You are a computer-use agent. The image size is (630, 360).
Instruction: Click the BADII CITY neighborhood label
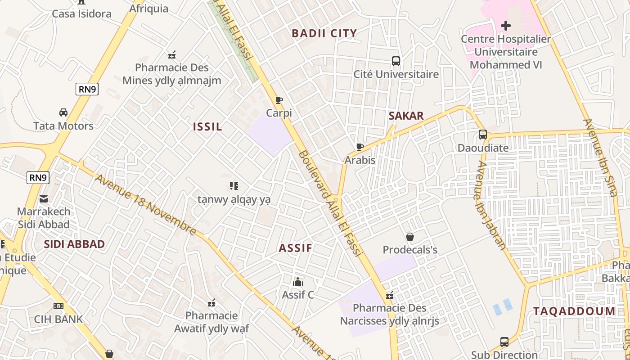324,33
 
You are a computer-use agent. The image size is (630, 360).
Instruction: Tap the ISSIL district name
207,127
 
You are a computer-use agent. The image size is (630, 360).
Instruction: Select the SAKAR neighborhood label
406,116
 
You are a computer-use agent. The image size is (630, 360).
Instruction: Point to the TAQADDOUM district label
574,311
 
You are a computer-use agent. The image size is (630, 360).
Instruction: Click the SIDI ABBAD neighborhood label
74,244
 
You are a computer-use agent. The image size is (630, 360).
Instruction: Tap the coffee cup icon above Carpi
279,100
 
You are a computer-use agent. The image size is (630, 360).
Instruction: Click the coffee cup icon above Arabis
360,147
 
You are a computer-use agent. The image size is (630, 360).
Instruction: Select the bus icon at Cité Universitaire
396,61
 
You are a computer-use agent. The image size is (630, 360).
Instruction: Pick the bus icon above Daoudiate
483,135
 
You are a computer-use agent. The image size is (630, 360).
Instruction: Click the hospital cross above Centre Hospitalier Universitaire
506,26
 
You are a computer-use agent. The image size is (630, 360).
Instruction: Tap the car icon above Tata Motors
63,112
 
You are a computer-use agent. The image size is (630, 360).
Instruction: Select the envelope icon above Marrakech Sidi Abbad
44,198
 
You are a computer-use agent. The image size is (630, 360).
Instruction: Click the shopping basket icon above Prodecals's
410,237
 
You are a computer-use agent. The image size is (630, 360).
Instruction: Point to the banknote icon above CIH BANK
58,306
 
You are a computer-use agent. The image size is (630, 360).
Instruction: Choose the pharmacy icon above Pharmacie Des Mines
172,55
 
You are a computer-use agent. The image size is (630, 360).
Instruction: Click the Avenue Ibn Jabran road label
490,205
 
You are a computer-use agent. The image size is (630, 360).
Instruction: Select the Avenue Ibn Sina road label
600,157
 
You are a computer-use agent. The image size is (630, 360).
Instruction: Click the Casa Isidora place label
81,14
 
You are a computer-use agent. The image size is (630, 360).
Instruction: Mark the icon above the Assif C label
298,282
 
